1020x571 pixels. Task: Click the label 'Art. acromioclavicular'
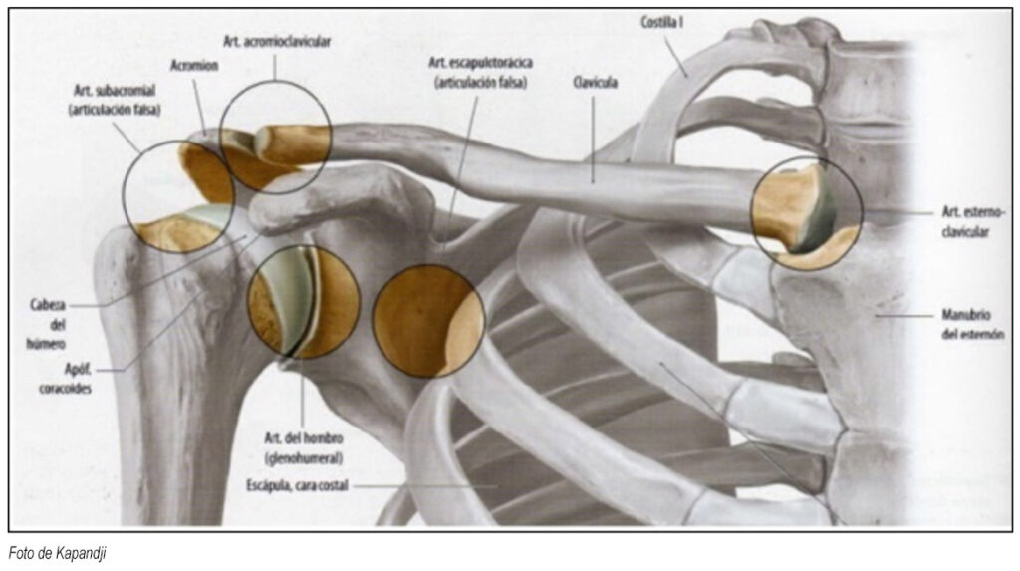point(276,42)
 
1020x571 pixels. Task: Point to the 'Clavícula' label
point(595,84)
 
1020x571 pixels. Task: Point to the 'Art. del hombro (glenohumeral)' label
point(303,449)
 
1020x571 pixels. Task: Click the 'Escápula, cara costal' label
point(299,485)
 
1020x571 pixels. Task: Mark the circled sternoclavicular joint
point(806,212)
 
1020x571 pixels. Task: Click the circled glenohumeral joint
point(303,301)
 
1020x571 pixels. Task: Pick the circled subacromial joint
point(178,195)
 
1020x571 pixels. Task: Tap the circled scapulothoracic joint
point(428,320)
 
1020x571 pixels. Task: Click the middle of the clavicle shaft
point(558,179)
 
